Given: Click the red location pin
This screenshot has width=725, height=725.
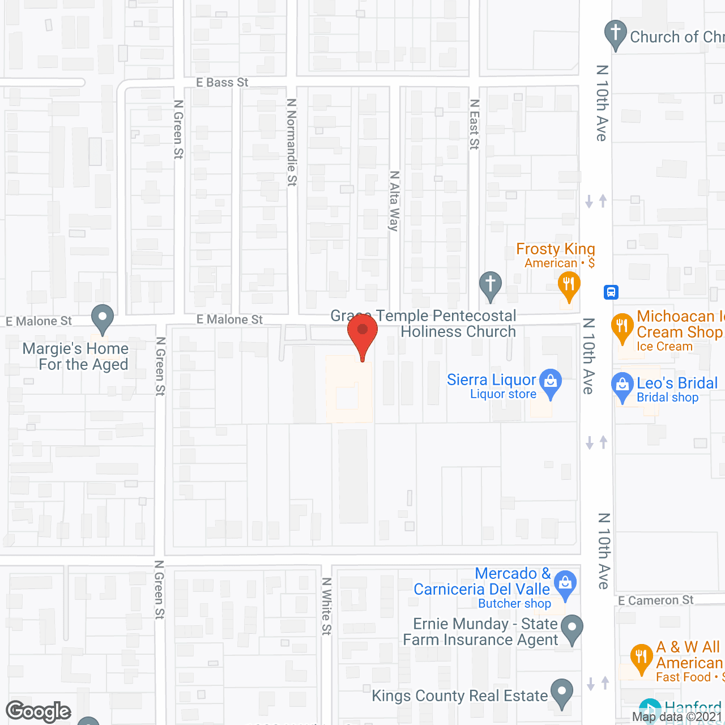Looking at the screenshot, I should point(362,331).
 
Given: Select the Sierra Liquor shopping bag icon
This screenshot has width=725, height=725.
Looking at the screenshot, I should point(551,381).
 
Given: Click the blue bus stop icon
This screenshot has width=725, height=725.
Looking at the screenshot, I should point(611,292).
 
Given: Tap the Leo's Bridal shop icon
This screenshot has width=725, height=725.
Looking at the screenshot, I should point(622,385).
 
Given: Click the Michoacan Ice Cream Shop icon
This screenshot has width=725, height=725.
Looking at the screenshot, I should point(622,326).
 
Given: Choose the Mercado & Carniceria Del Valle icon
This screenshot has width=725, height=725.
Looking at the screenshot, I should point(565,583).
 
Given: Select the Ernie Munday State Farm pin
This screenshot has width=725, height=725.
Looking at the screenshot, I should point(572,628).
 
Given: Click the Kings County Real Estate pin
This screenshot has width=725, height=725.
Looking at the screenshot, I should point(562,692).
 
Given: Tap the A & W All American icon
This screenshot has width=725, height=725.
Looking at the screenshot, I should point(641,657).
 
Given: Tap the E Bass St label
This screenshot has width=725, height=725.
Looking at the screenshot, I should point(222,83).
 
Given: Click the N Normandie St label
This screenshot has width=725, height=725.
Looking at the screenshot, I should point(292,142).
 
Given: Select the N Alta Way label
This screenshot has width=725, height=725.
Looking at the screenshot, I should point(394,201).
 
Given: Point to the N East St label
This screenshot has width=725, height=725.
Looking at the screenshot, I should point(475,125).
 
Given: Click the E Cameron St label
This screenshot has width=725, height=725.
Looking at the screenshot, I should point(655,600).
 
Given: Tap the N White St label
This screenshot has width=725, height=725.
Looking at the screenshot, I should point(326,606).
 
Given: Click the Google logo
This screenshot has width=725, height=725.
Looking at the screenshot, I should point(39,711).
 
